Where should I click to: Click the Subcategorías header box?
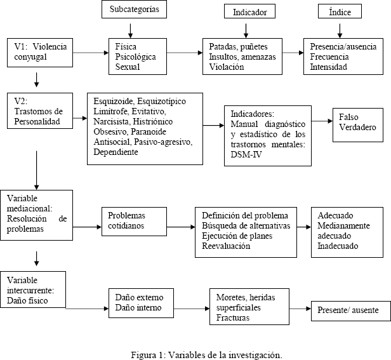[134, 10]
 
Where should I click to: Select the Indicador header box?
[249, 11]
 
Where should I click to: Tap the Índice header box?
[340, 11]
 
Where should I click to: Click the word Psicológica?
[135, 57]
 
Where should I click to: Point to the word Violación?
[227, 67]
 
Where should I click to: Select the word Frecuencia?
[329, 57]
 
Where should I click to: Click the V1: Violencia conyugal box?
[40, 53]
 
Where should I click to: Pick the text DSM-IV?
[246, 155]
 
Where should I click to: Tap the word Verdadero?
[357, 127]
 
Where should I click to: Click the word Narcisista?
[112, 121]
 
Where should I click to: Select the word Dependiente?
[116, 152]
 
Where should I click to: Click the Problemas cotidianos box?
[134, 222]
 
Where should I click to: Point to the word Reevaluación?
[226, 246]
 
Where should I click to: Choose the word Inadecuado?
[338, 246]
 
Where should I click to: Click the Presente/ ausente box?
[351, 311]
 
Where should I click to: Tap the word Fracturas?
[233, 318]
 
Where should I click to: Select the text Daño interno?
[138, 307]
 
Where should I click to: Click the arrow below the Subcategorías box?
[130, 31]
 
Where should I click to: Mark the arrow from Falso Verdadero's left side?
[322, 121]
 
